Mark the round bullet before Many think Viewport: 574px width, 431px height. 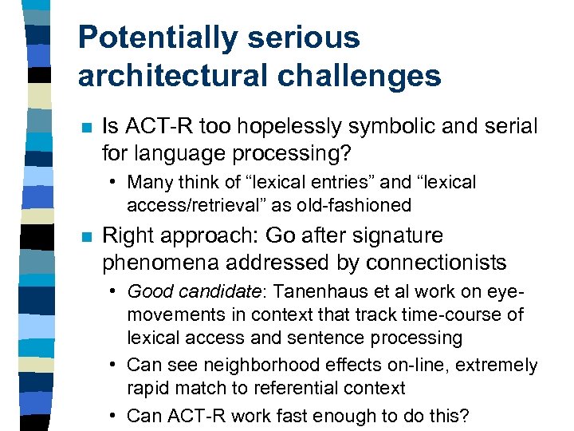[x=115, y=183]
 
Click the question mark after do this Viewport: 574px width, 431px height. [x=466, y=415]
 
